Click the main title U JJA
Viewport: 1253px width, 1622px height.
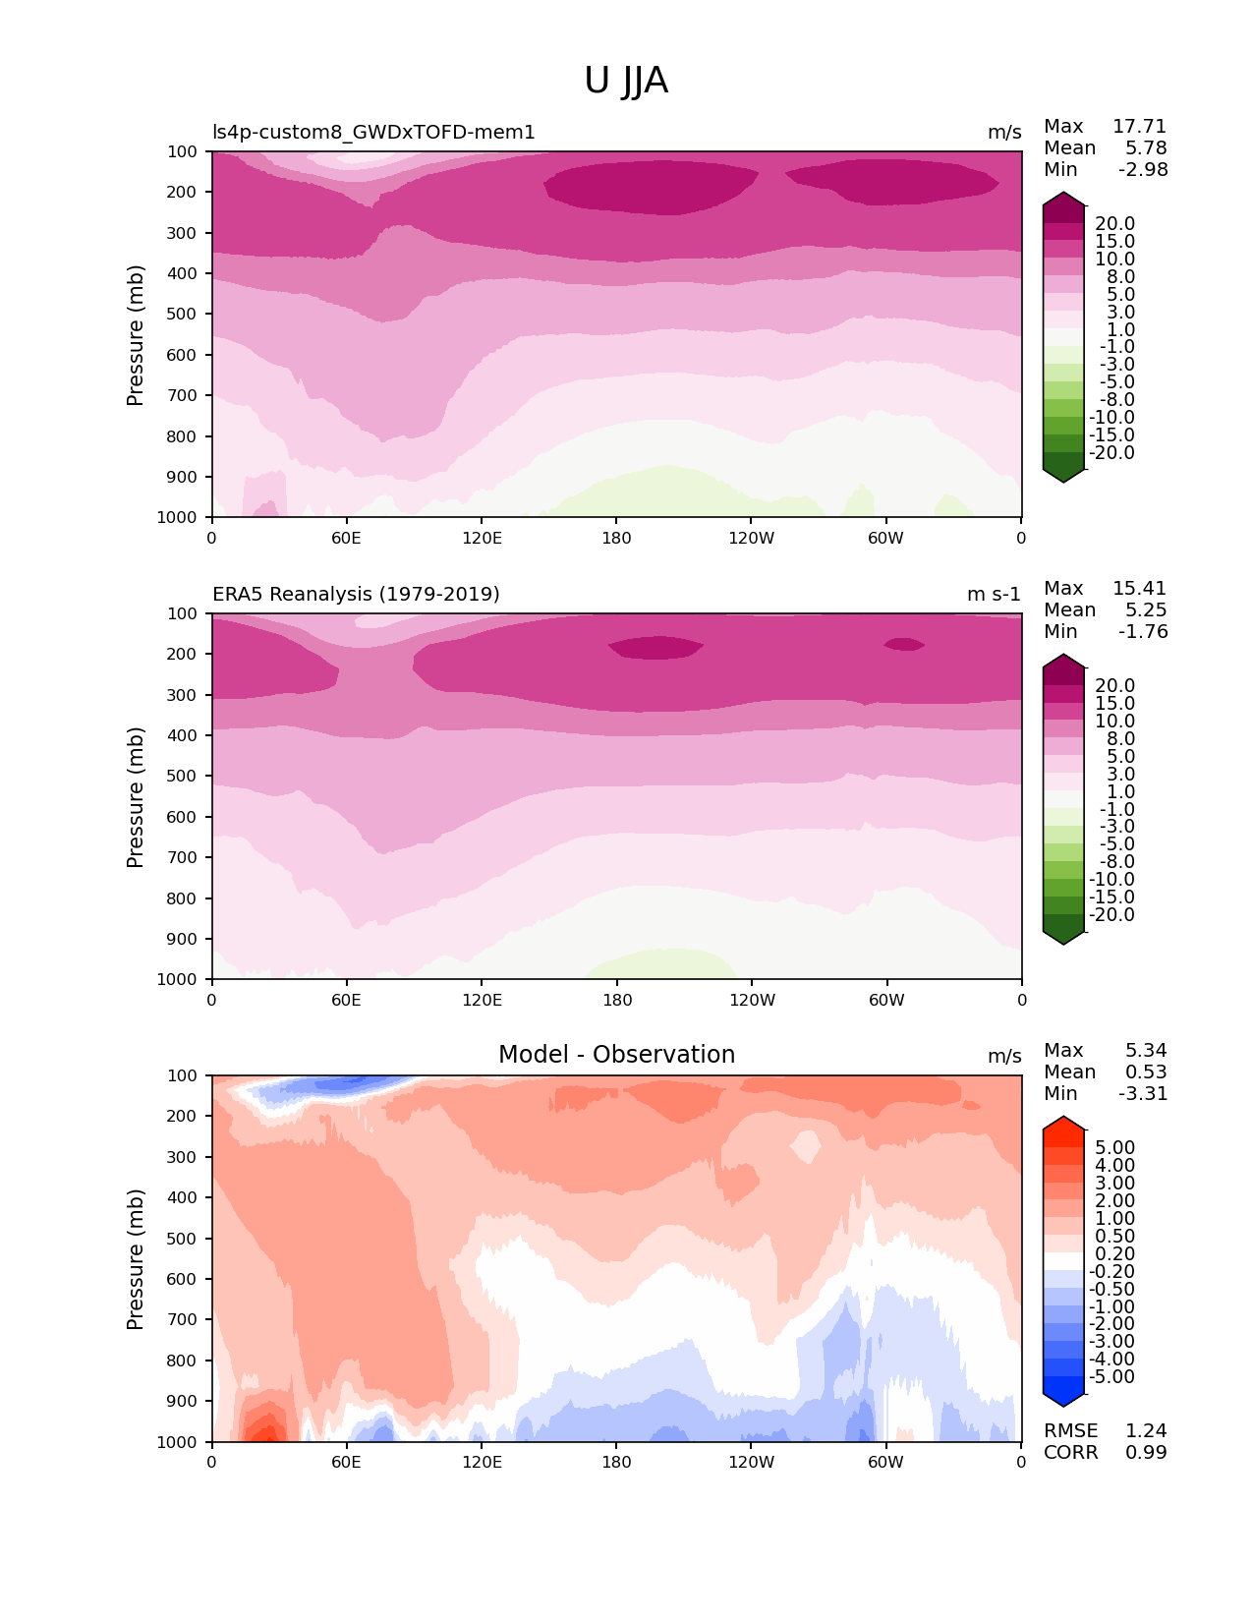(x=626, y=81)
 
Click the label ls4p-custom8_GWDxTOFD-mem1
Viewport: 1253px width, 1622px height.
(x=373, y=133)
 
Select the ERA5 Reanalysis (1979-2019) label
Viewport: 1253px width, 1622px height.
(x=356, y=595)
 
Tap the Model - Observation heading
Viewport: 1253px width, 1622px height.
(x=616, y=1055)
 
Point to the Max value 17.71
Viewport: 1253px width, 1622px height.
(x=1139, y=127)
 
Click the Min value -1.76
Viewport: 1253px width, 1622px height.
(x=1143, y=632)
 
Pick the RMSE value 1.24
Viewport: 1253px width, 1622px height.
(x=1146, y=1431)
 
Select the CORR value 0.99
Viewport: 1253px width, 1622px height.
(x=1146, y=1453)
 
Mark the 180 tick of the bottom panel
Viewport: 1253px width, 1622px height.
(x=616, y=1463)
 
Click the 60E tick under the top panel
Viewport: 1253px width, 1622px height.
(x=346, y=539)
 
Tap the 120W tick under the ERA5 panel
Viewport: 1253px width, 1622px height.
(x=752, y=1001)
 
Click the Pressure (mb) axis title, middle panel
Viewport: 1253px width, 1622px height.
(x=136, y=797)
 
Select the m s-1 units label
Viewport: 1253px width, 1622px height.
(x=994, y=595)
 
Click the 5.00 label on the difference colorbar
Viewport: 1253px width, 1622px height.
(x=1114, y=1148)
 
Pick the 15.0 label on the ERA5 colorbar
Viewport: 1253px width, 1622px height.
(x=1114, y=704)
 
